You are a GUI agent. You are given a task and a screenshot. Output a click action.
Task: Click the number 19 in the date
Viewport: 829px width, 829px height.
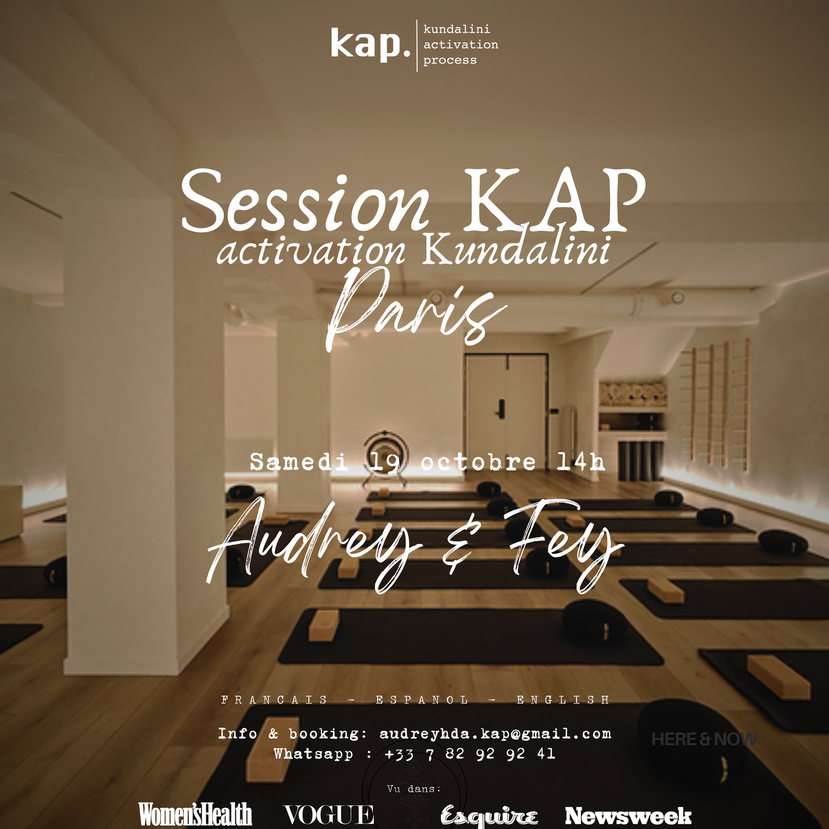tap(384, 462)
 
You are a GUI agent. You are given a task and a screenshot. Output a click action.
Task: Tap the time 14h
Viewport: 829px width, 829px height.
tap(581, 462)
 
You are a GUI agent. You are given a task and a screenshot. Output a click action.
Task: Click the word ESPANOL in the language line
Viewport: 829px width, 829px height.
tap(422, 700)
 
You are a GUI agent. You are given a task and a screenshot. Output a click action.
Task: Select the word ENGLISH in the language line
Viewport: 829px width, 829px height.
tap(563, 700)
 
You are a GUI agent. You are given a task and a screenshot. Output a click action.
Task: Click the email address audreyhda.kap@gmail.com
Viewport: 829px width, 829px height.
tap(495, 734)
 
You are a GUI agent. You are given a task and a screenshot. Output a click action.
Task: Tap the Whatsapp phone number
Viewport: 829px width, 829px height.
tap(470, 754)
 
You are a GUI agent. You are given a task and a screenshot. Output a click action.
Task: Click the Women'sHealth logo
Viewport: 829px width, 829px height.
tap(195, 814)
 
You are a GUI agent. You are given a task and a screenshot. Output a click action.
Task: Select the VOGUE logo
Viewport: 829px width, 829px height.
tap(329, 814)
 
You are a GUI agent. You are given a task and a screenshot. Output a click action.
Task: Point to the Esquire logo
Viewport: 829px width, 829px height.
tap(489, 816)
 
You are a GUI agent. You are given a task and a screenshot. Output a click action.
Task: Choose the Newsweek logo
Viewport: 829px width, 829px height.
tap(628, 816)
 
